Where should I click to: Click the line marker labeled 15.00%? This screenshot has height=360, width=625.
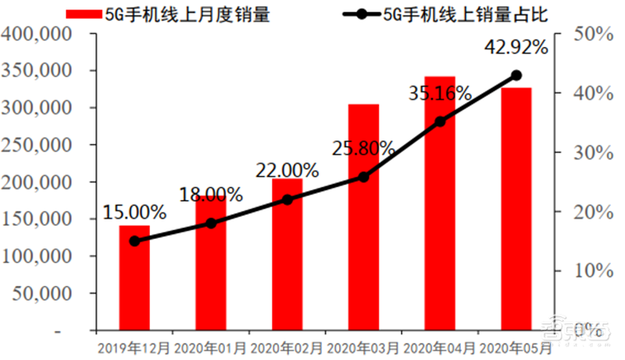(x=134, y=241)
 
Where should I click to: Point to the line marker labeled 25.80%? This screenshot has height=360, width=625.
(x=363, y=177)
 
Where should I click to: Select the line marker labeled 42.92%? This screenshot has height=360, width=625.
(x=516, y=76)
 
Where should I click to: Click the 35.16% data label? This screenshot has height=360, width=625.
(x=440, y=94)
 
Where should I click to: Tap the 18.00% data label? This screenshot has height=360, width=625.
(x=211, y=193)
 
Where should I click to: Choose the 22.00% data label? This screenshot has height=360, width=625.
(x=287, y=169)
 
